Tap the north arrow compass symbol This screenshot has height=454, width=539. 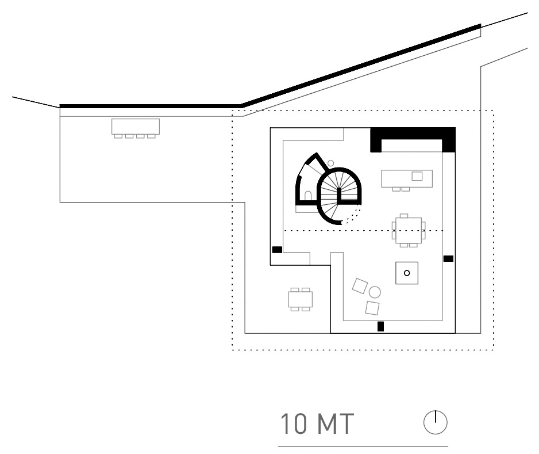tap(435, 422)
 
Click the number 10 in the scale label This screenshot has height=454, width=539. tap(294, 424)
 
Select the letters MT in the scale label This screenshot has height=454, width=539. tap(336, 424)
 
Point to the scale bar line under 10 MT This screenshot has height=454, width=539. tap(363, 447)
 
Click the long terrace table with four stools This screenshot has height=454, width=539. tap(136, 128)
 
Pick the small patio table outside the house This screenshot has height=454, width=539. tap(301, 299)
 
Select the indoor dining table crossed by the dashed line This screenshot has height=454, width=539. tap(409, 230)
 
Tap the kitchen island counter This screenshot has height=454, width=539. tap(407, 178)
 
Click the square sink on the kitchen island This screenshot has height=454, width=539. tap(417, 176)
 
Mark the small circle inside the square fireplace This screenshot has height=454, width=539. tap(407, 273)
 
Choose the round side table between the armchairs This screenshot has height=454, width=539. tap(375, 292)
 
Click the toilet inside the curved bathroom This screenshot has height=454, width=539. tap(308, 196)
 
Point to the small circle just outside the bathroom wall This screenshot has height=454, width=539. tap(330, 163)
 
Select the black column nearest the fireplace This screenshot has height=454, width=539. tap(448, 258)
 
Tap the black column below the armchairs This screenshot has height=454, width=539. tap(380, 326)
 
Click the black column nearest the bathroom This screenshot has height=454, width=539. tap(277, 250)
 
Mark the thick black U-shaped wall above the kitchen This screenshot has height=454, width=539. tap(413, 133)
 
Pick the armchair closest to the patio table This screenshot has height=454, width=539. tap(360, 286)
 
